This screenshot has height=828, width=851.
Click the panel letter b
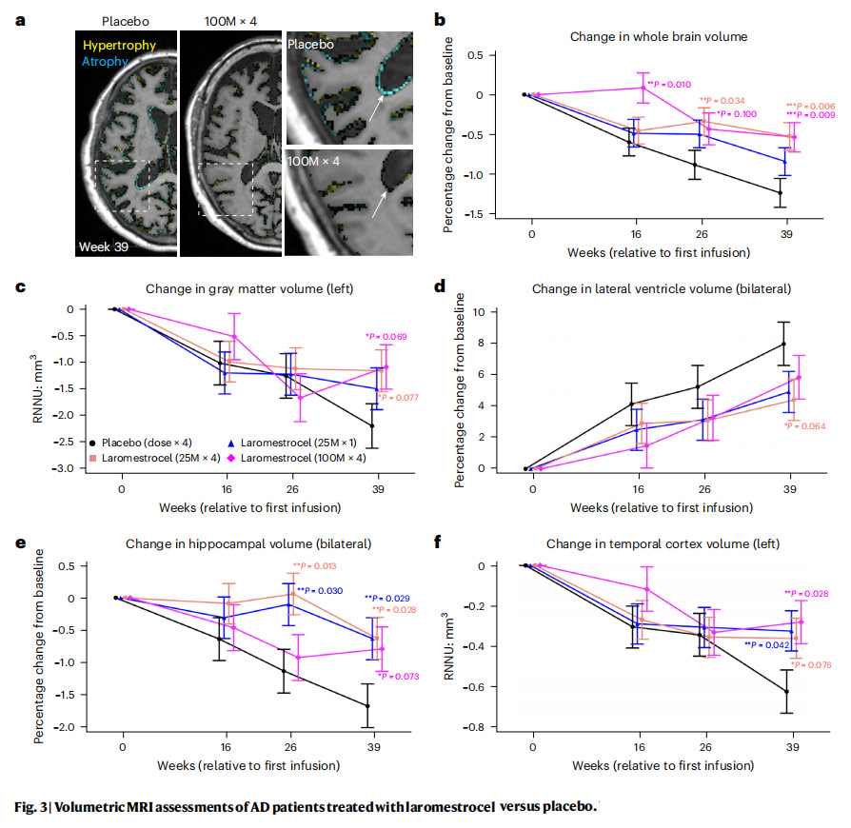coord(440,18)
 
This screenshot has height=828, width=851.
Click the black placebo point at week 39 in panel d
coord(782,344)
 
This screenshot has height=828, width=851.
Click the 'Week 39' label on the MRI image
coord(102,247)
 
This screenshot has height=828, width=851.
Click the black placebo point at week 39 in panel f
coord(783,691)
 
